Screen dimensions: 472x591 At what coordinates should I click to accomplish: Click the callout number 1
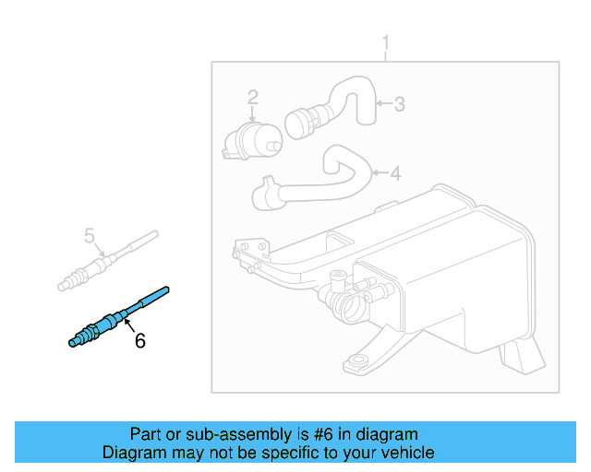[386, 43]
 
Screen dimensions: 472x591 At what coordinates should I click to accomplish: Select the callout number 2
[252, 96]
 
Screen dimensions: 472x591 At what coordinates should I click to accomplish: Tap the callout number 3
[399, 104]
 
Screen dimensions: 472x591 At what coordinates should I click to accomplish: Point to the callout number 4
[395, 172]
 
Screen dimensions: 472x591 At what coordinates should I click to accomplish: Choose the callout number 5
[90, 236]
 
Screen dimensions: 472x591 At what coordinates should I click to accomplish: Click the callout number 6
[139, 340]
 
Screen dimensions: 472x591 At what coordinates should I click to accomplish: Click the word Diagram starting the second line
[132, 453]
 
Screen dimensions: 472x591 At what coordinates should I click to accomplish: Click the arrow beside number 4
[379, 172]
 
